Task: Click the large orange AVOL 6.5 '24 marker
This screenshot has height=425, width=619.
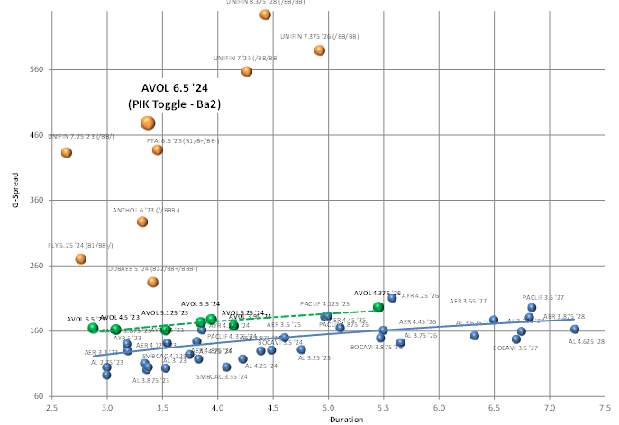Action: point(148,123)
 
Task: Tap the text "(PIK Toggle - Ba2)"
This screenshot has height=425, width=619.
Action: point(174,104)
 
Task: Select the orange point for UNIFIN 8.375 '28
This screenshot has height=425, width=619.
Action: point(265,14)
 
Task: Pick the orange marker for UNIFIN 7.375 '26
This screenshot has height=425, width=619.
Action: point(320,50)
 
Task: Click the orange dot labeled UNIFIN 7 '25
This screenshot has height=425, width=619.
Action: point(247,71)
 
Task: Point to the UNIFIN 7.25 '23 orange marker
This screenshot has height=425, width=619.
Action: point(67,152)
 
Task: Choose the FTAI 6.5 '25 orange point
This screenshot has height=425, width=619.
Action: point(158,149)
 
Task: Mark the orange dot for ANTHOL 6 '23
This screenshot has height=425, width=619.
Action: point(142,222)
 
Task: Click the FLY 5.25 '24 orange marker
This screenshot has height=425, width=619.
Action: point(81,258)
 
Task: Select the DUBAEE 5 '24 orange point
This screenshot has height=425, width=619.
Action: point(152,282)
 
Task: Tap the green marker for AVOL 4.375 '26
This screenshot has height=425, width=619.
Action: point(378,307)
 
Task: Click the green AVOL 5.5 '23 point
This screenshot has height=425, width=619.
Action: point(93,328)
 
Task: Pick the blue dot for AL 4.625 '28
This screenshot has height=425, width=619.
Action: point(575,329)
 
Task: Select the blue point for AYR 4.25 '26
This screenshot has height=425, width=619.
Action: point(392,298)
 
